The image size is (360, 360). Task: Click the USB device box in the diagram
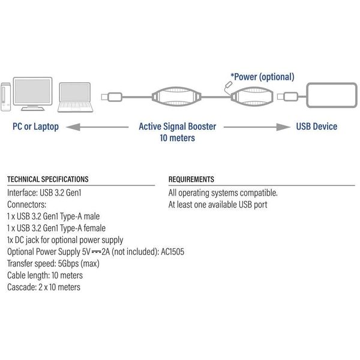tap(332, 96)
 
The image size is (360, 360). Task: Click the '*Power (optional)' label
tap(262, 77)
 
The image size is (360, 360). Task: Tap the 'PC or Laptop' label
tap(35, 127)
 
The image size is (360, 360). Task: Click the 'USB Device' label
tap(317, 127)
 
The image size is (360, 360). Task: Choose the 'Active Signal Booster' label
tap(178, 127)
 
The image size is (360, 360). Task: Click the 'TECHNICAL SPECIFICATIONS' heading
tap(47, 179)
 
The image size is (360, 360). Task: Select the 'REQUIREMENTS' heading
tap(191, 179)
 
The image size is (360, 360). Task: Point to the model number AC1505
tap(173, 251)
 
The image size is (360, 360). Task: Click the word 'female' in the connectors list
tap(94, 228)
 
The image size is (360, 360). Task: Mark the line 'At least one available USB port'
tap(218, 205)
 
